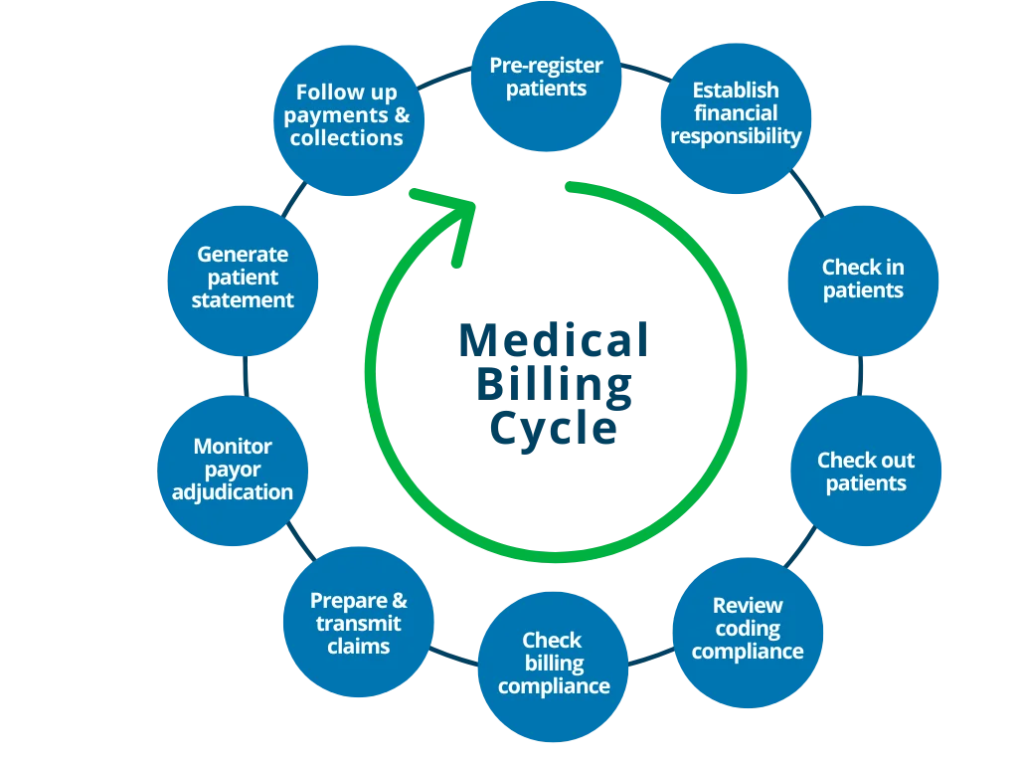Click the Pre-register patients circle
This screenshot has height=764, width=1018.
coord(547,77)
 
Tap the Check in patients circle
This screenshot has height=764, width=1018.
coord(863,281)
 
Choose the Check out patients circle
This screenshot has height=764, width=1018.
coord(866,471)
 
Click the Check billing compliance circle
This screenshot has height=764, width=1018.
coord(553,664)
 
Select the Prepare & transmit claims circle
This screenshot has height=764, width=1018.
coord(359,623)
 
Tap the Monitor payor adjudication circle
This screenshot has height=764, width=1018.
coord(233,470)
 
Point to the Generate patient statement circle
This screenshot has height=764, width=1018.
coord(243,279)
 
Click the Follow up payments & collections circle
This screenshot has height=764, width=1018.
coord(347,116)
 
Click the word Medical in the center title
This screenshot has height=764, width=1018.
coord(553,340)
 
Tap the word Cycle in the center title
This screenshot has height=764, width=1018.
coord(553,429)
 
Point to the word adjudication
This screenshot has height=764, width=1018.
coord(233,492)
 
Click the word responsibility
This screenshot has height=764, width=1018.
coord(736,136)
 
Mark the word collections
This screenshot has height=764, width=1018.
coord(347,138)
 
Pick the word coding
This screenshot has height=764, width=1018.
coord(748,629)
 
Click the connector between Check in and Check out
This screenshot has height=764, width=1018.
coord(859,375)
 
